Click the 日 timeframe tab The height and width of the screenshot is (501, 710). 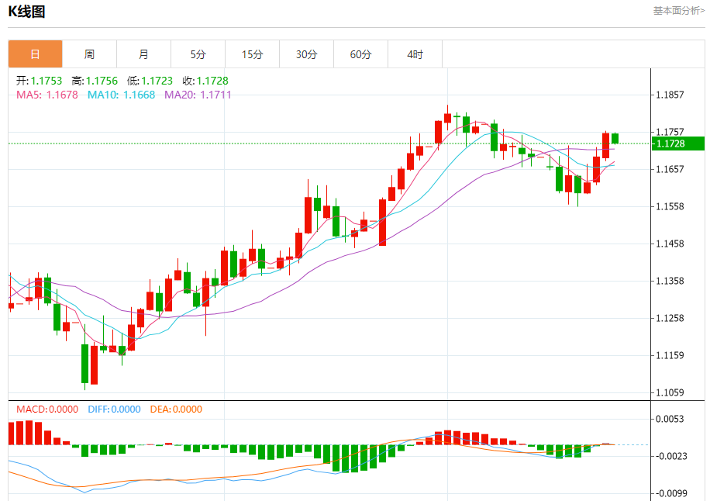tap(35, 54)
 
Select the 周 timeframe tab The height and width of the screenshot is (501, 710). tap(89, 54)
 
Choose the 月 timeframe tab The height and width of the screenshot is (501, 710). tap(143, 54)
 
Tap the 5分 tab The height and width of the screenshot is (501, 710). tap(198, 54)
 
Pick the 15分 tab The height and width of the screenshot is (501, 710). tap(252, 54)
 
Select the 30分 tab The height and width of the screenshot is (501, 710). tap(306, 54)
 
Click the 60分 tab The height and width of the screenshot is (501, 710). tap(360, 54)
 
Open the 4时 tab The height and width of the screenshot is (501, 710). tap(415, 54)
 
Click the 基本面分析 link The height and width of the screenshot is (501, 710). tap(678, 11)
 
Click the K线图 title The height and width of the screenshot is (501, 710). tap(26, 11)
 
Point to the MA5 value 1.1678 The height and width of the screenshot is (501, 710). tap(63, 95)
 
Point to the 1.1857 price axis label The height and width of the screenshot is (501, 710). tap(670, 95)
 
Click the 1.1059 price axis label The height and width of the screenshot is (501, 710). tap(670, 392)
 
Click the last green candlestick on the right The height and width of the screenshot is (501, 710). tap(615, 138)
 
